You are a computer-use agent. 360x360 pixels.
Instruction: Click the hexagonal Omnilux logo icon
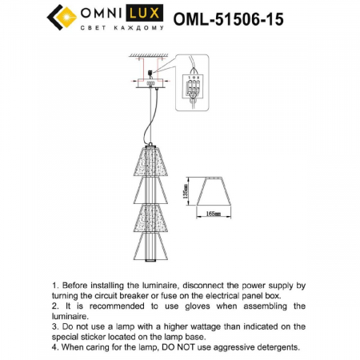[62, 16]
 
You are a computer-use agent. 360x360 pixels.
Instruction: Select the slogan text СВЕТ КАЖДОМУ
[121, 29]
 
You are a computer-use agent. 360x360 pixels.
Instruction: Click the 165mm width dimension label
[213, 214]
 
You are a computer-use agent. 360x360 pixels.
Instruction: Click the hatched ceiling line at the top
[152, 54]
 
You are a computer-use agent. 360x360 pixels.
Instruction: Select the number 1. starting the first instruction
[54, 286]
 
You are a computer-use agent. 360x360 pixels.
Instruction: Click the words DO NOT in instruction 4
[169, 348]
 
